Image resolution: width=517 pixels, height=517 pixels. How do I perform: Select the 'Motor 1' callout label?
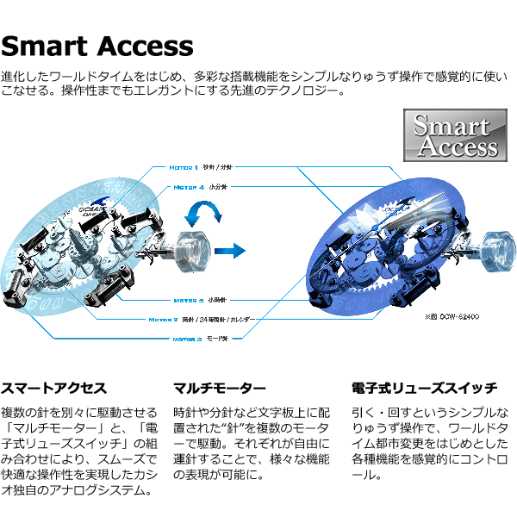184,166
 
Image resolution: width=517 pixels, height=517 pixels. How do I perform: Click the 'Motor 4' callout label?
189,186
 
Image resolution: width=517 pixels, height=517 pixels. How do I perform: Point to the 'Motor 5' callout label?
188,301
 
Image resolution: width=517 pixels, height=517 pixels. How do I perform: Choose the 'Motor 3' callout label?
186,339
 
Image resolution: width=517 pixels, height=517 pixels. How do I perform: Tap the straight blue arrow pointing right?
229,251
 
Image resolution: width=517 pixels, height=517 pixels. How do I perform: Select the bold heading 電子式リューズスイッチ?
418,388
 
